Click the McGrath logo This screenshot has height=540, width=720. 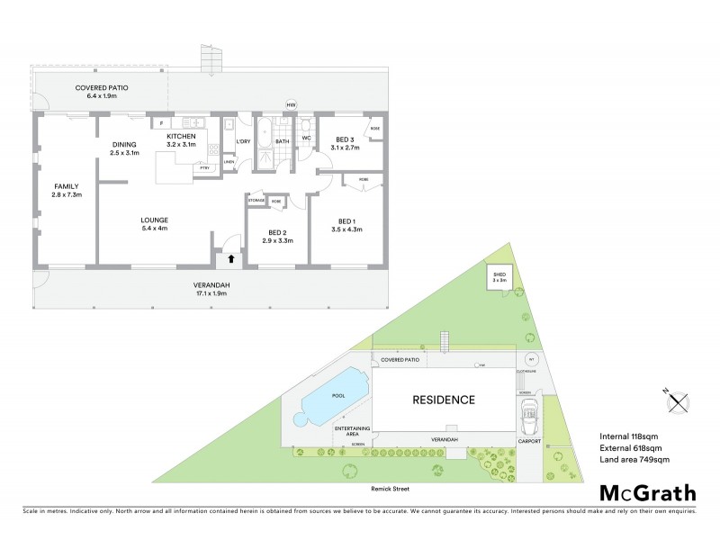tap(648, 492)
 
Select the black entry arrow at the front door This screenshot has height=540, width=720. tap(230, 258)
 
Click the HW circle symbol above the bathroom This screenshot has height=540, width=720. tap(291, 105)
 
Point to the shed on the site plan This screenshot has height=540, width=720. tap(499, 276)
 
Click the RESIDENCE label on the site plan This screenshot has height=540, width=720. tap(444, 400)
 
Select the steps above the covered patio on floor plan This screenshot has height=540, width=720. tap(210, 59)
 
